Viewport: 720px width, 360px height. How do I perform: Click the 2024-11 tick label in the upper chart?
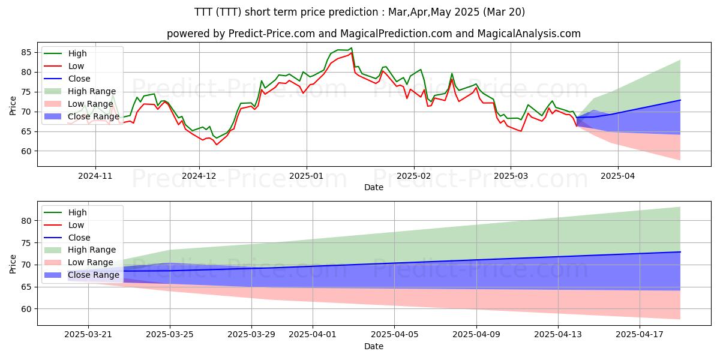(95, 177)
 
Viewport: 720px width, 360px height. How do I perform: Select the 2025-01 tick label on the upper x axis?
(307, 177)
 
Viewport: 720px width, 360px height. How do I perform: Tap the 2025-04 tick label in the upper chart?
(617, 177)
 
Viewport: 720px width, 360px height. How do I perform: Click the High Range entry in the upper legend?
(92, 91)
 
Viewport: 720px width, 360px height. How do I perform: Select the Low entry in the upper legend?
(76, 66)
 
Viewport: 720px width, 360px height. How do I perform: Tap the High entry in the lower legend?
(77, 212)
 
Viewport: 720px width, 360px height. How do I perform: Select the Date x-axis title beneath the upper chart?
(373, 188)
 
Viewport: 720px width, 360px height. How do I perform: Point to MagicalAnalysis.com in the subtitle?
(529, 34)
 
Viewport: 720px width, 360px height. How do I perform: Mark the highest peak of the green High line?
(352, 48)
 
